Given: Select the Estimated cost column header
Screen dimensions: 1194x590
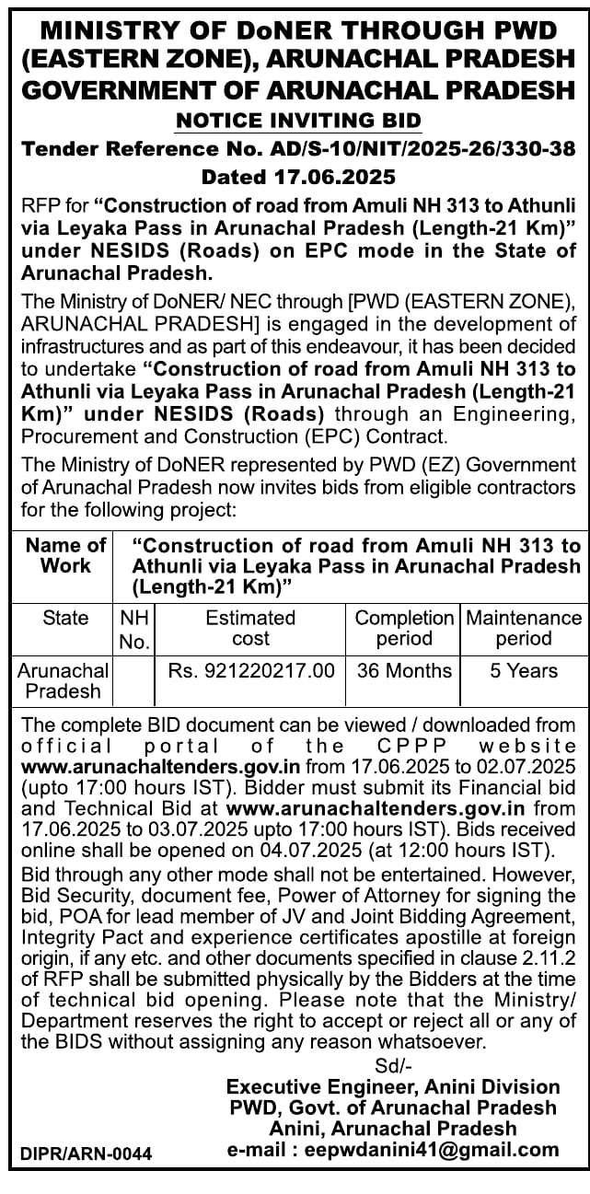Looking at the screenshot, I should (x=250, y=628).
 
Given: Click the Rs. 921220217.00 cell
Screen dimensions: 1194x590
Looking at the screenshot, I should (x=251, y=671).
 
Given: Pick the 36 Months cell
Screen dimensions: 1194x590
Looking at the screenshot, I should (x=404, y=671).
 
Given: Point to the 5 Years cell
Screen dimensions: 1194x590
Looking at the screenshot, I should (x=524, y=671).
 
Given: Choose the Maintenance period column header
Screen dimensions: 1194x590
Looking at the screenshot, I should (x=524, y=628).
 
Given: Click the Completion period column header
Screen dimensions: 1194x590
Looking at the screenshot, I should (x=404, y=628).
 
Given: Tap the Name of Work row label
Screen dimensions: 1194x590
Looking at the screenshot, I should (x=65, y=555).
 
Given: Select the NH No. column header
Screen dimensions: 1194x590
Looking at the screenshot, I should (x=134, y=630).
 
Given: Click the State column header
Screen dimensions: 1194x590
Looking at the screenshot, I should (x=65, y=618).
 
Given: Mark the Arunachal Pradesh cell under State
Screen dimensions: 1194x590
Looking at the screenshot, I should (x=64, y=680).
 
